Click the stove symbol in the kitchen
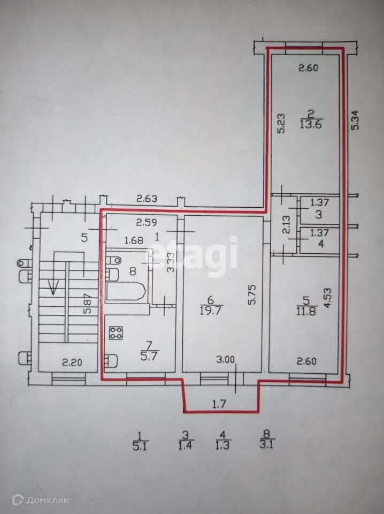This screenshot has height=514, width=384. (116, 333)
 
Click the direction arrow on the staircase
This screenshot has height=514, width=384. (53, 288)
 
